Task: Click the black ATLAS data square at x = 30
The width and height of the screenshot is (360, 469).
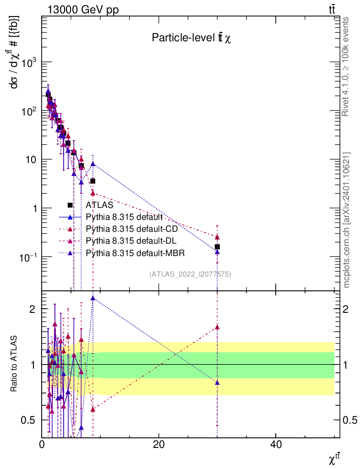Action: [x=218, y=247]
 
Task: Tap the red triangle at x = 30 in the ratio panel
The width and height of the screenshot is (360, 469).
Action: [x=217, y=327]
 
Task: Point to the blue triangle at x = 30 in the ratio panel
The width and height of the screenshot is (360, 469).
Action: [x=217, y=382]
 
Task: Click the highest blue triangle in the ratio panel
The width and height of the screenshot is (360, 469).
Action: [x=93, y=298]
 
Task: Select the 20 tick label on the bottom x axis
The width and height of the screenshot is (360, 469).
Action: [x=158, y=445]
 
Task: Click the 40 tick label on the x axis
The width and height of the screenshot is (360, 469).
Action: [x=275, y=445]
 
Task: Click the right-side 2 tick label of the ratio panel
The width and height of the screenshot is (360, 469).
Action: [x=347, y=309]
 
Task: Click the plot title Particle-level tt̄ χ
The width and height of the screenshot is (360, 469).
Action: [x=191, y=38]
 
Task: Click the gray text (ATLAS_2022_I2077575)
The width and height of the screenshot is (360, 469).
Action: [x=190, y=274]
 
